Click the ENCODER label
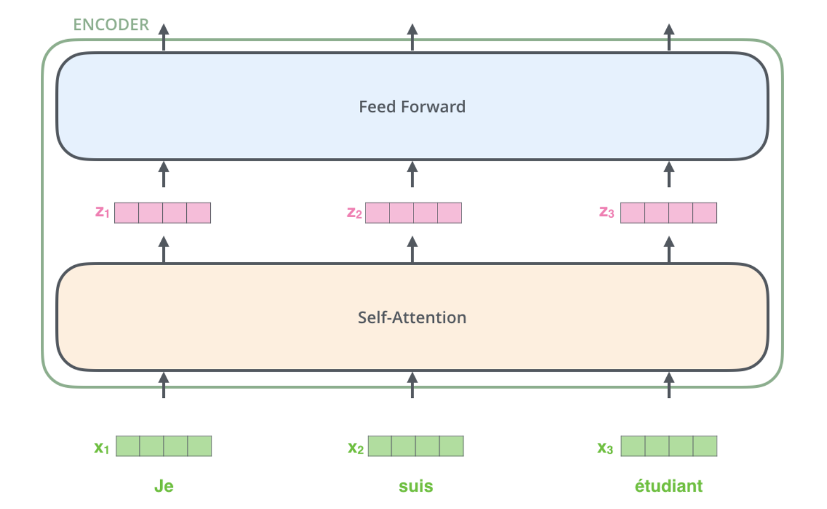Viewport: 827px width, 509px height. tap(111, 25)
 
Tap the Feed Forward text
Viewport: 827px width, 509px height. tap(412, 107)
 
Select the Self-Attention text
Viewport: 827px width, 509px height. tap(412, 318)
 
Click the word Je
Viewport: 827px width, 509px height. tap(164, 486)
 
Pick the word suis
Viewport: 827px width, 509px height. tap(416, 486)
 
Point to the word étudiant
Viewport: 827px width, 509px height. tap(669, 486)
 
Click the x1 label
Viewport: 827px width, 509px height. tap(102, 448)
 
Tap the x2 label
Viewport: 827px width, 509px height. tap(355, 448)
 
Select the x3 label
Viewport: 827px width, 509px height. tap(605, 448)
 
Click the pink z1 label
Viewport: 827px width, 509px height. tap(102, 212)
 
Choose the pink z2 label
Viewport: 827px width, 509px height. tap(354, 213)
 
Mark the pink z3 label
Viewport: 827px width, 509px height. tap(606, 212)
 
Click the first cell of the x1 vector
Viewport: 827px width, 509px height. tap(128, 446)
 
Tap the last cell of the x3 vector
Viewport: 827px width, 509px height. tap(705, 446)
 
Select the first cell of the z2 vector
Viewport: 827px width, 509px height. tap(377, 213)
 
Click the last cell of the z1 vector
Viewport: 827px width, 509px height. tap(199, 213)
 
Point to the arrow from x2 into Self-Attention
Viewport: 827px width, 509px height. tap(412, 385)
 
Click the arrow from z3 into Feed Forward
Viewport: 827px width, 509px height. tap(669, 174)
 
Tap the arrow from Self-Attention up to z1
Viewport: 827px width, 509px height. tap(164, 249)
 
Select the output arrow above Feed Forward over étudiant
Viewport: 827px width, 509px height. tap(669, 37)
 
